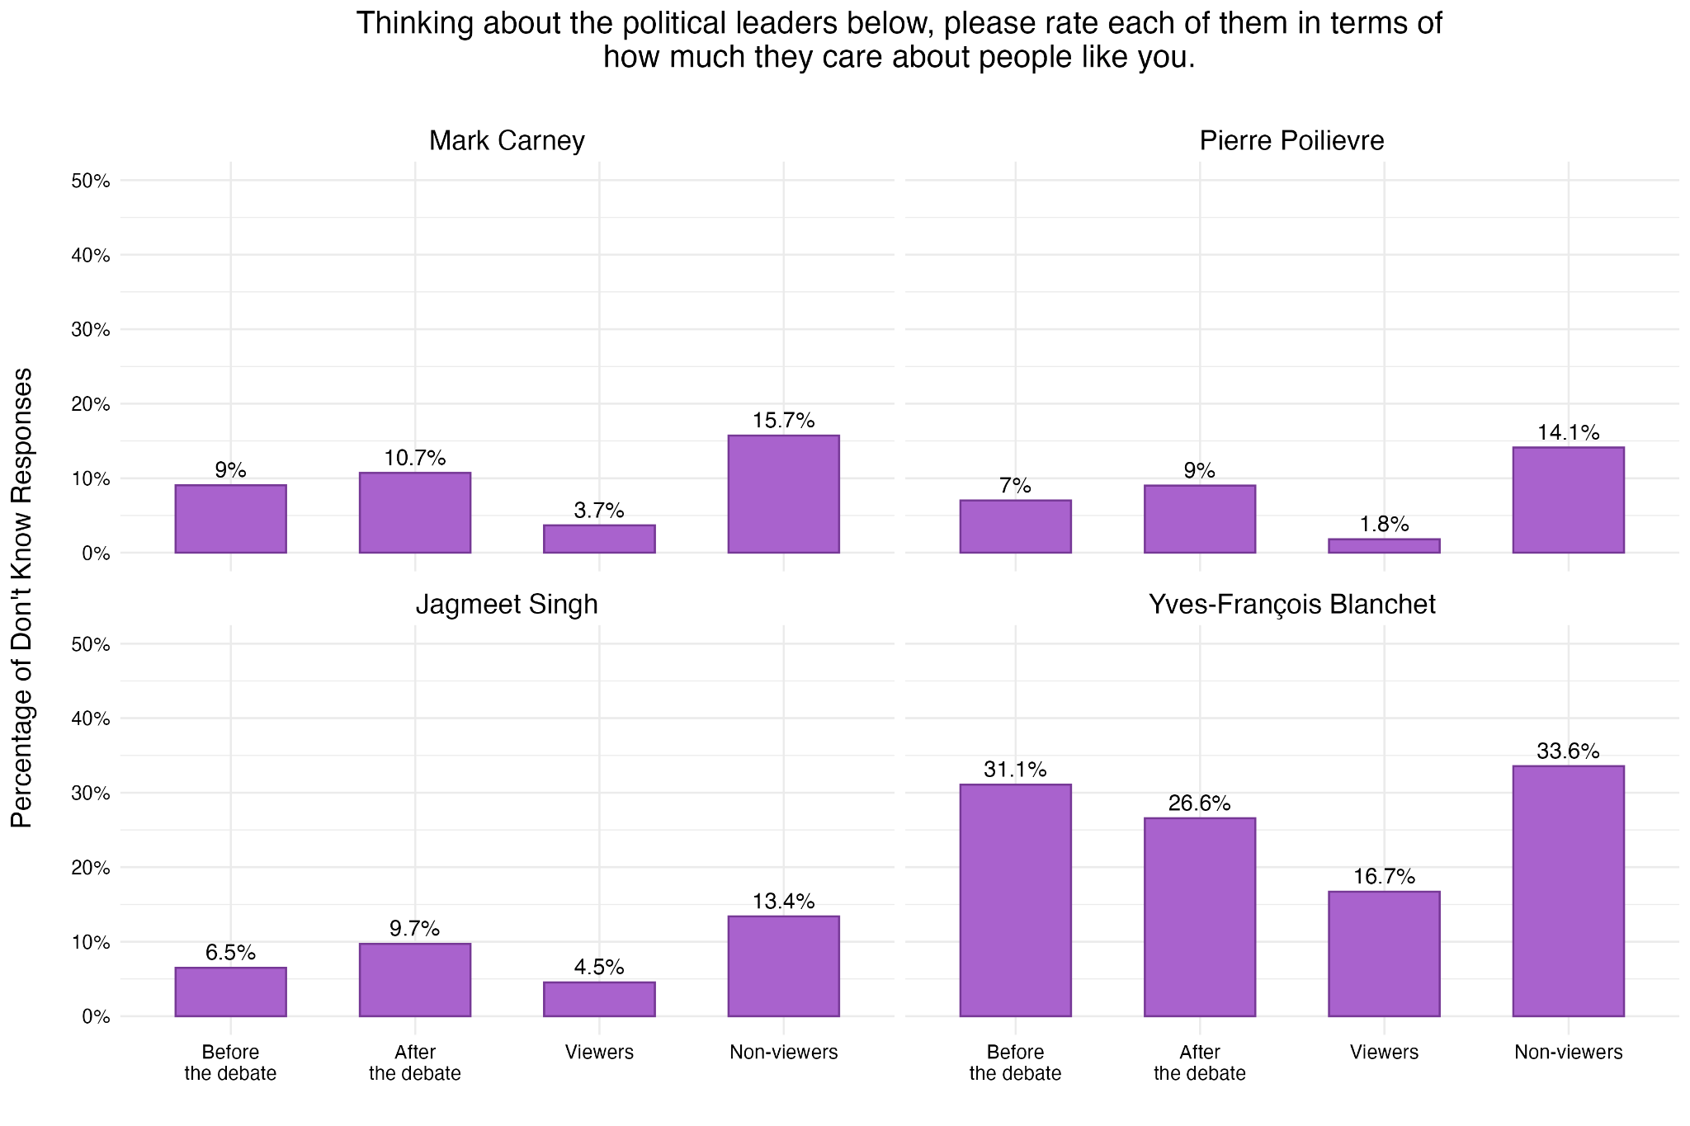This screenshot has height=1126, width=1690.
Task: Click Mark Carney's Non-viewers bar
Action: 783,494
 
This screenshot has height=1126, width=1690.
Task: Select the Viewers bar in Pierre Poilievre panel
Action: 1384,546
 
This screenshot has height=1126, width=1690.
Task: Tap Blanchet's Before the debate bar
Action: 1015,900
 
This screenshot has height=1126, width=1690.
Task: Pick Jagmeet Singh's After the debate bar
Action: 414,980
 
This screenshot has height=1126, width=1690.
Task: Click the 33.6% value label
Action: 1568,751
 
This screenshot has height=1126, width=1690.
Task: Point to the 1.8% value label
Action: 1384,524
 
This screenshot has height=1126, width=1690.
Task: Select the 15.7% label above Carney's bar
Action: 783,421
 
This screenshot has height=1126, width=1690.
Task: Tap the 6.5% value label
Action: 230,953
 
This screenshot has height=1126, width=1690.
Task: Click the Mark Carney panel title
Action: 507,141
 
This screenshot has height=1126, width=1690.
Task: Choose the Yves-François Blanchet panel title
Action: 1291,605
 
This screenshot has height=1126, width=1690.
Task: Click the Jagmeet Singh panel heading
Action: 507,605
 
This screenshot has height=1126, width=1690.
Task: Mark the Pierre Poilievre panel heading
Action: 1291,141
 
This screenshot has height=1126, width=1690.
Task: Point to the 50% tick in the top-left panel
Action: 91,181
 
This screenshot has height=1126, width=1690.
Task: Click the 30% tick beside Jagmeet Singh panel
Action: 91,793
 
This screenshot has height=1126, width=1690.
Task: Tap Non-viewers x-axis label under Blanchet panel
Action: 1568,1052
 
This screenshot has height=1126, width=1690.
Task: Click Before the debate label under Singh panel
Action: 230,1062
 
